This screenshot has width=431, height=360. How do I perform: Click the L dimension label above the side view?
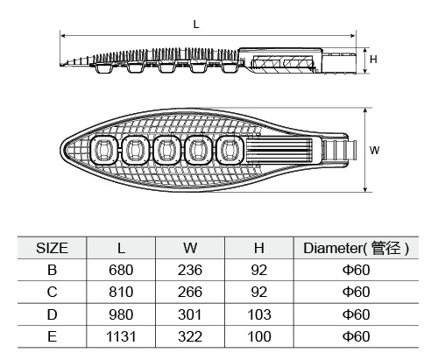(x=196, y=25)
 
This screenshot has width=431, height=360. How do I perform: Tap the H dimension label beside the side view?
(x=373, y=60)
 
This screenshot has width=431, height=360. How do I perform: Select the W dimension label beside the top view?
(x=374, y=150)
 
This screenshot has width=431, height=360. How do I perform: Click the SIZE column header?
(x=52, y=248)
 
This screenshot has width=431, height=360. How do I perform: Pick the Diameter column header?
(x=356, y=248)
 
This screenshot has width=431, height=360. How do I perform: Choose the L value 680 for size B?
(x=121, y=270)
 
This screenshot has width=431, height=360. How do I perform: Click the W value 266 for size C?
(x=190, y=292)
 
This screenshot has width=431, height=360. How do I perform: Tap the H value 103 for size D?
(x=259, y=314)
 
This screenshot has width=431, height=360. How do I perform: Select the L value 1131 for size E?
(x=121, y=336)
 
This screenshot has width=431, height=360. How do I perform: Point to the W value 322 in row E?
(x=190, y=336)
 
